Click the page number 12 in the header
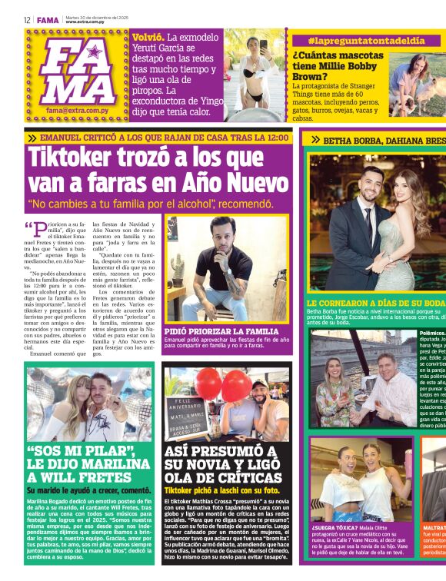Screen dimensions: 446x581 coord(26,20)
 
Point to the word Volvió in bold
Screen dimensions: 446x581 coord(148,37)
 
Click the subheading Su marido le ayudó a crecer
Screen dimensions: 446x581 coord(89,490)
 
